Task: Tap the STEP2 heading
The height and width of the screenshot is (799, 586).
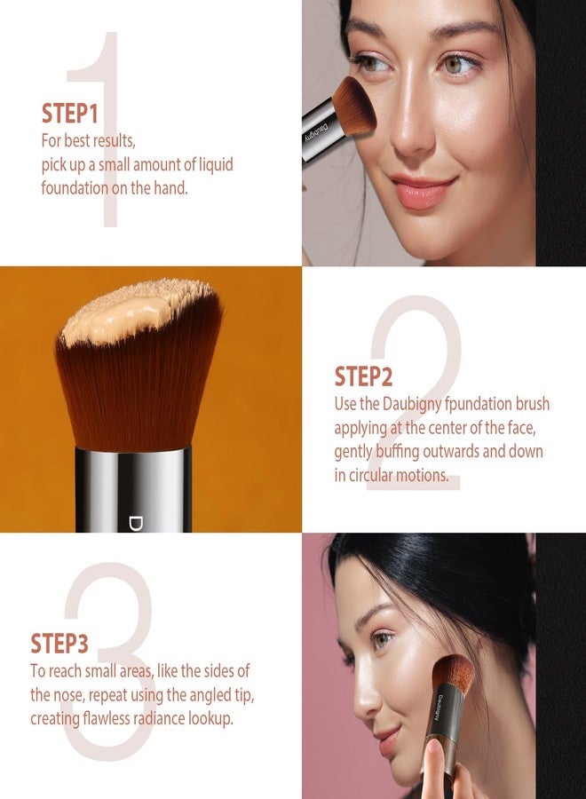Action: click(363, 376)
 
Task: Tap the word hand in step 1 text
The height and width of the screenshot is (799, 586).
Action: click(170, 188)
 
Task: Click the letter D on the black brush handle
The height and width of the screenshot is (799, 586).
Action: click(135, 524)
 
